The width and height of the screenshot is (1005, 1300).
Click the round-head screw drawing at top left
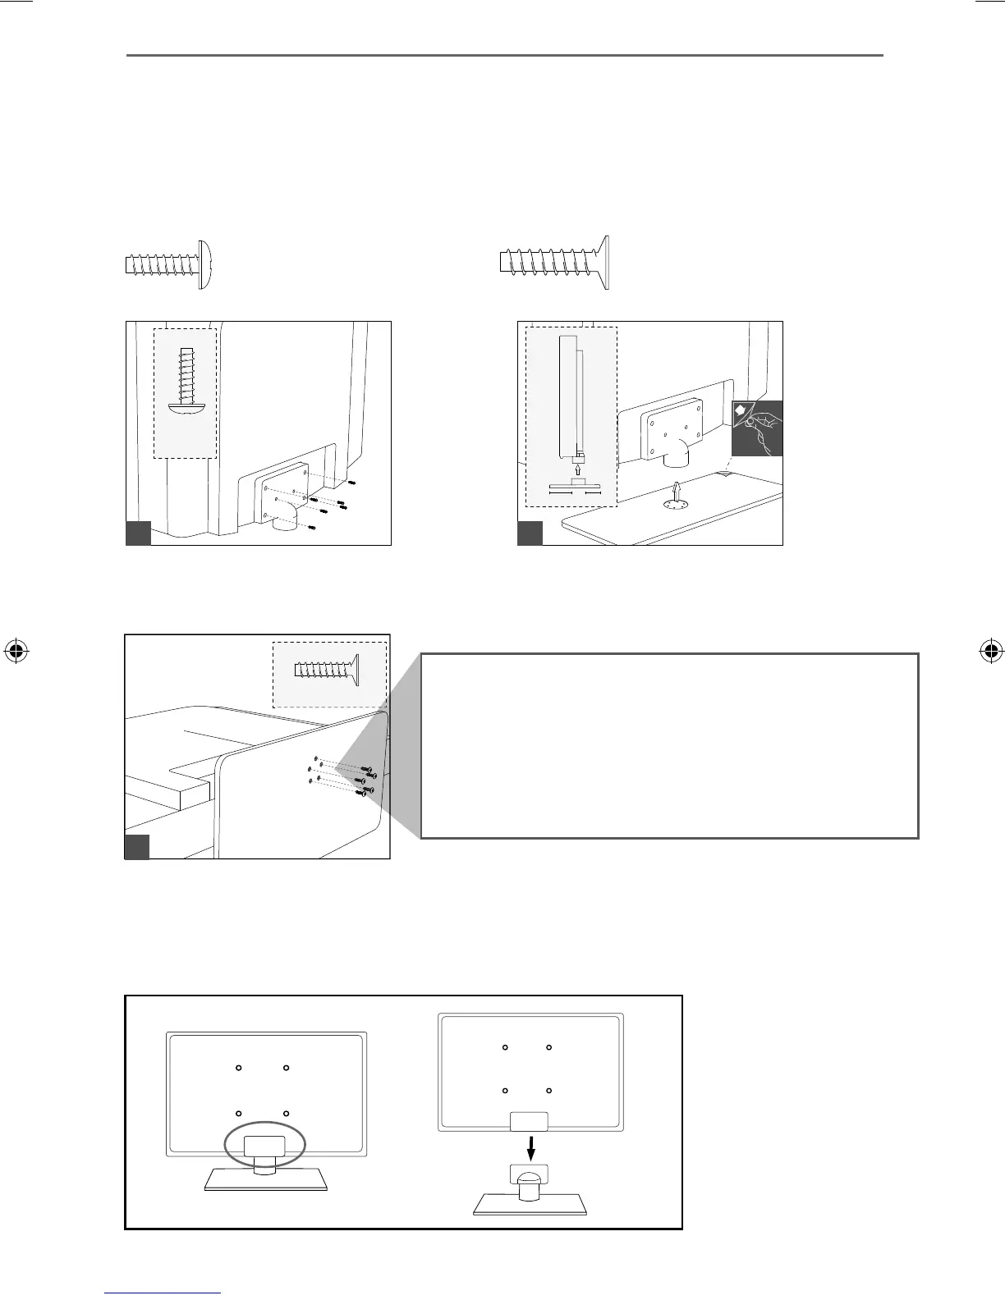click(169, 263)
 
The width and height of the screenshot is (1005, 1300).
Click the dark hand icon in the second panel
click(758, 428)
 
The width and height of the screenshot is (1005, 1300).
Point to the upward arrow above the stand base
click(676, 490)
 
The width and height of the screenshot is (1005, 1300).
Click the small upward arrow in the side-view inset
click(578, 470)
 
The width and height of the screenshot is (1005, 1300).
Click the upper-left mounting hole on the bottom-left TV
click(238, 1068)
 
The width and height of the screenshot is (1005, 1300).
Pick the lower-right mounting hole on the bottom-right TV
click(548, 1091)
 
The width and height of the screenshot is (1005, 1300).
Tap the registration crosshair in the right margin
click(990, 652)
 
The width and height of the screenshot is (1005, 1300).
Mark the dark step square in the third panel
click(136, 846)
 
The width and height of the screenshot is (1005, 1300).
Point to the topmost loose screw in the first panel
click(351, 483)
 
